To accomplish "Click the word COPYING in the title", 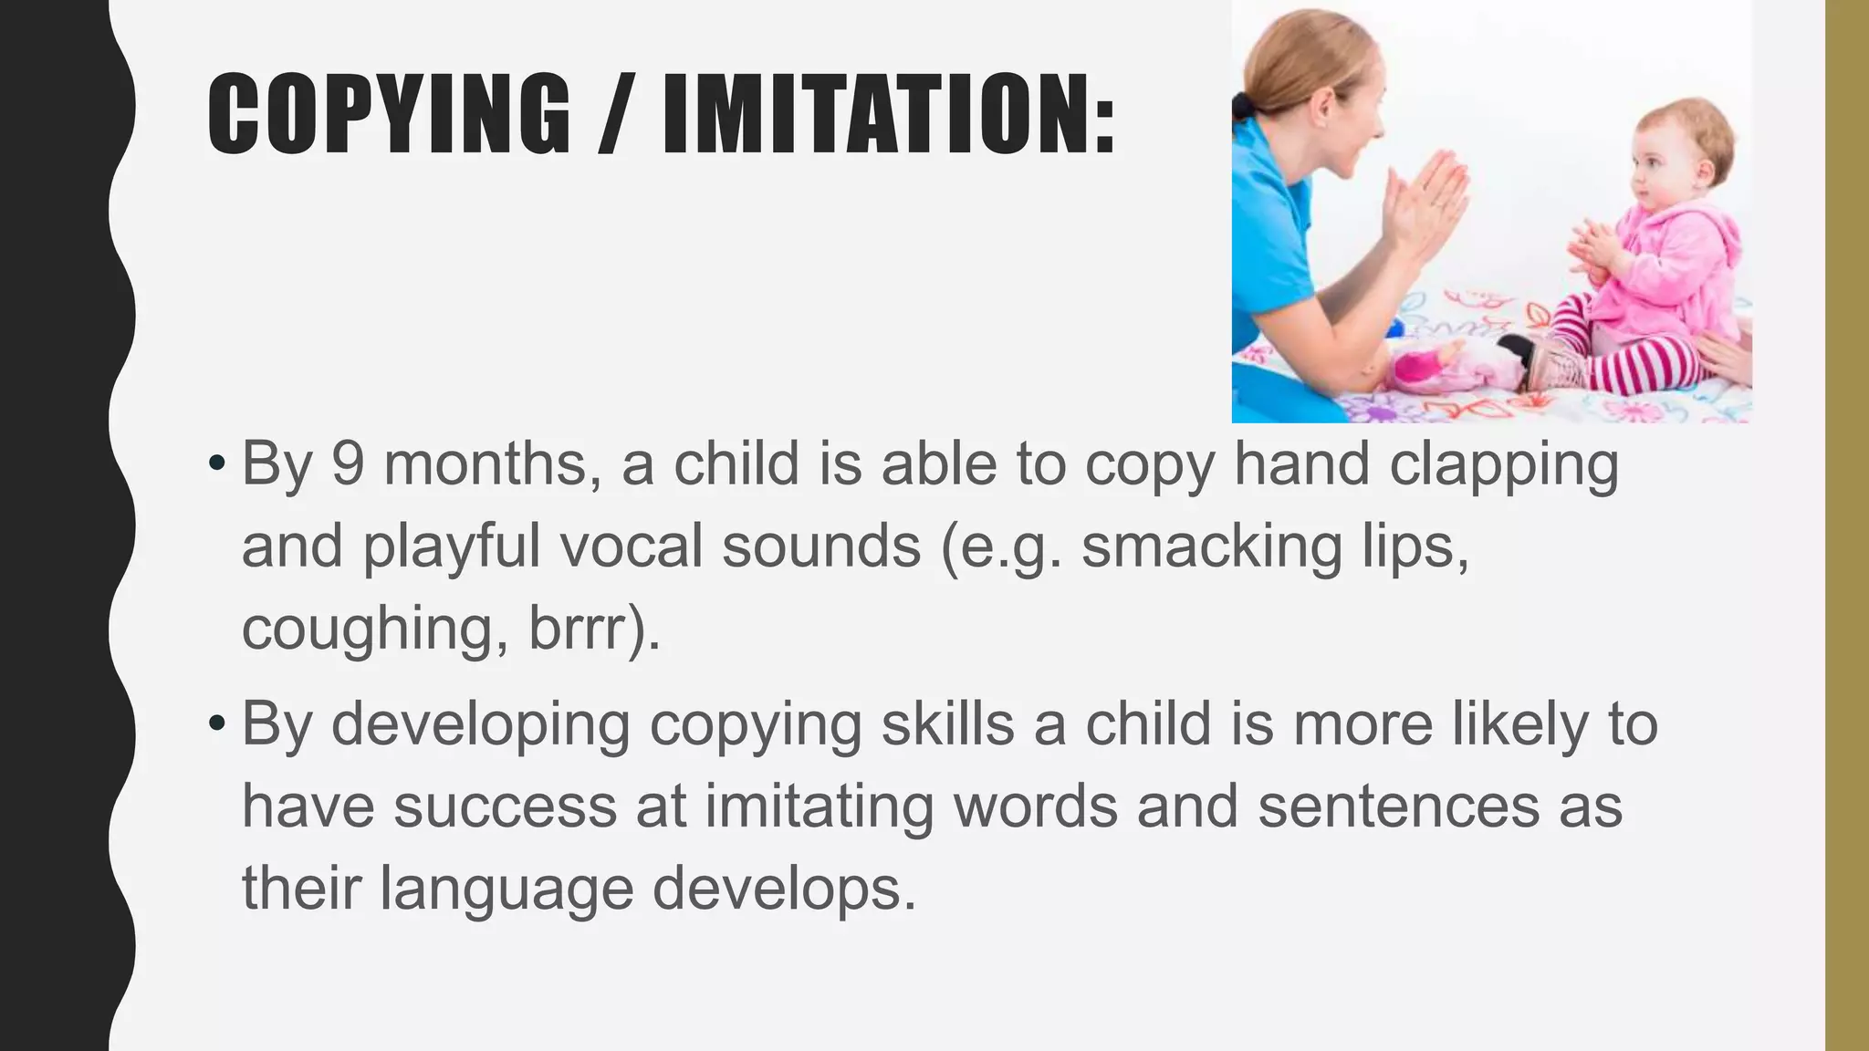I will click(x=389, y=113).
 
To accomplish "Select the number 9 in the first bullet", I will click(x=348, y=463).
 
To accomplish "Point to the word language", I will click(x=506, y=890).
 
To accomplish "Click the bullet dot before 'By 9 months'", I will click(x=215, y=463).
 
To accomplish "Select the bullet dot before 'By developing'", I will click(x=215, y=724).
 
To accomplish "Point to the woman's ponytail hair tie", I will click(x=1242, y=106).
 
